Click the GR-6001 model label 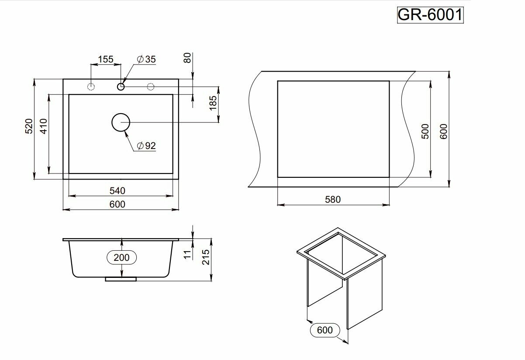(x=429, y=15)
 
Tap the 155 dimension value (x=105, y=59)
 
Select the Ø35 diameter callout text (x=146, y=59)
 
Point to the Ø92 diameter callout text (x=146, y=146)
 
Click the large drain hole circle (x=121, y=122)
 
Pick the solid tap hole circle (x=121, y=86)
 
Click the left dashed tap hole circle (x=91, y=86)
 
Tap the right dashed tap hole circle (x=151, y=86)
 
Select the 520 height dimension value (x=29, y=126)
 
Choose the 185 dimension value (x=213, y=104)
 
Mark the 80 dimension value (x=188, y=58)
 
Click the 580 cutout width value (x=333, y=199)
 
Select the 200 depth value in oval (x=121, y=257)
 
